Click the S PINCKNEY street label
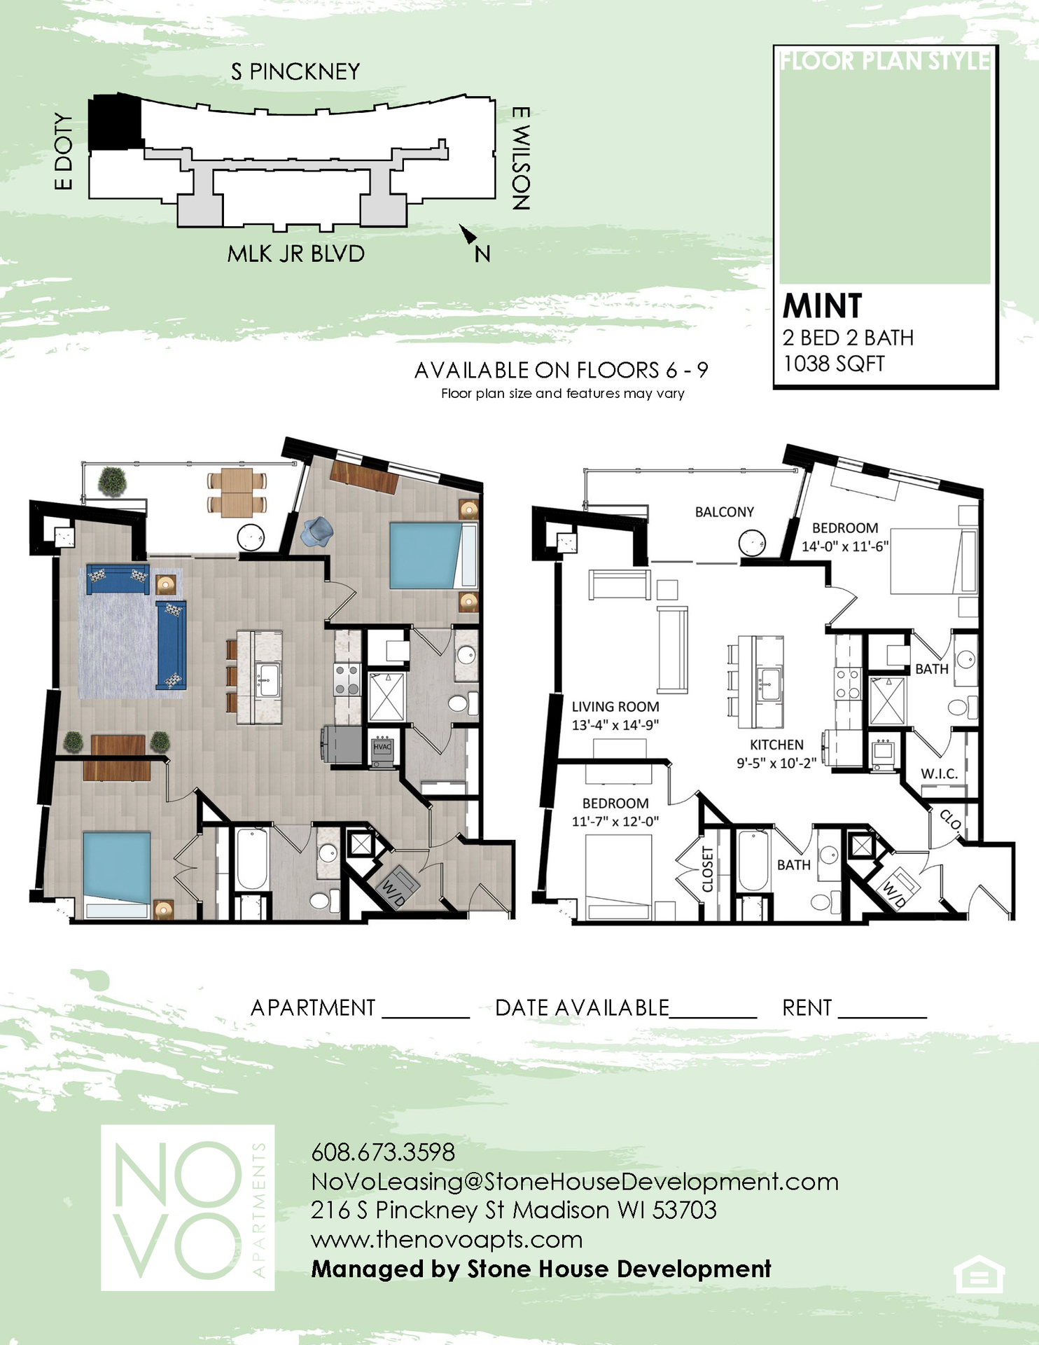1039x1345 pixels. click(x=295, y=71)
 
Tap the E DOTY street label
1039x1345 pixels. click(x=64, y=152)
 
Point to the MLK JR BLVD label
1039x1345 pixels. click(x=295, y=254)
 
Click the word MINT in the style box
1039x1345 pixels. click(x=822, y=305)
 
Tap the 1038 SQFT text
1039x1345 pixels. click(x=833, y=364)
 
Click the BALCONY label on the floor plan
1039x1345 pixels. click(x=724, y=512)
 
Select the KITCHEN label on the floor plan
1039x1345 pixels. click(x=776, y=745)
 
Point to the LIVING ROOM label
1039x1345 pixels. click(x=615, y=707)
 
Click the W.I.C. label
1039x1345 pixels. click(x=939, y=774)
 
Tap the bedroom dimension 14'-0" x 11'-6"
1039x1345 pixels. click(x=845, y=546)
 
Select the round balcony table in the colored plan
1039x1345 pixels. click(x=251, y=537)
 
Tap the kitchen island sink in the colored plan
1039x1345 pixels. click(x=267, y=680)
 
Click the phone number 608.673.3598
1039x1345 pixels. click(x=383, y=1152)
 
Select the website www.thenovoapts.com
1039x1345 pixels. click(x=447, y=1240)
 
